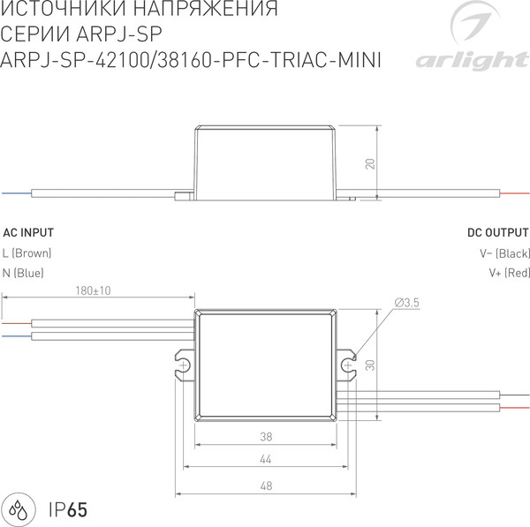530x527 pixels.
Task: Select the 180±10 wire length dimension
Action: (93, 290)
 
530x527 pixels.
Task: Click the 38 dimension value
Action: (266, 436)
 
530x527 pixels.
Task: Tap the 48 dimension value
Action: (266, 486)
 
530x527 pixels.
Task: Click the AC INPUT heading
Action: (28, 233)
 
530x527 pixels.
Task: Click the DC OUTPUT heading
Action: (497, 233)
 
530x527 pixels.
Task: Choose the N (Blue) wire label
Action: (24, 273)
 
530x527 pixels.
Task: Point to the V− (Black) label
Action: (503, 253)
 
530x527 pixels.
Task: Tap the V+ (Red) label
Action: (508, 273)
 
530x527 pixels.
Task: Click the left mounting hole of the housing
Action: (185, 364)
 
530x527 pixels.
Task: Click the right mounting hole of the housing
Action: (347, 364)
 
